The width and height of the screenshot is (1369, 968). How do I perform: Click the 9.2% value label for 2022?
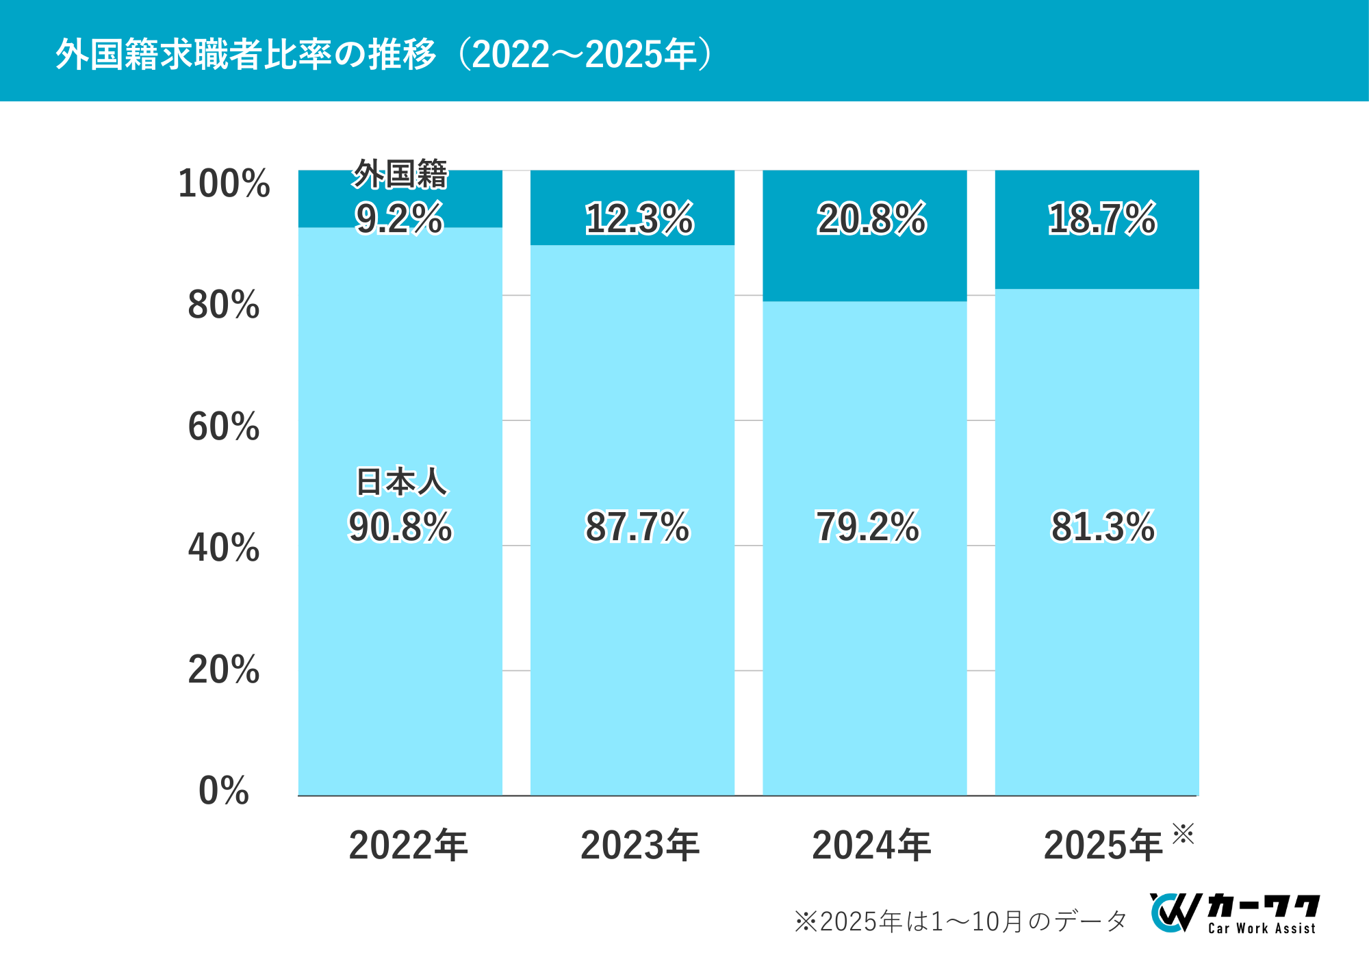coord(400,218)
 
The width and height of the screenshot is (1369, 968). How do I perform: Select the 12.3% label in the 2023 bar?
coord(639,219)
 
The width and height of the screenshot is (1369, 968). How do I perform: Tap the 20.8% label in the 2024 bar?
coord(871,219)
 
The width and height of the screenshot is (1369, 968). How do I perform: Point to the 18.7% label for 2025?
coord(1102,219)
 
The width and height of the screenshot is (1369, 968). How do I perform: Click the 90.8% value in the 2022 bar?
coord(400,526)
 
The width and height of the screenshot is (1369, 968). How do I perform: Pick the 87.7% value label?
coord(637,526)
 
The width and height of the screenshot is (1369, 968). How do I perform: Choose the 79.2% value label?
coord(868,526)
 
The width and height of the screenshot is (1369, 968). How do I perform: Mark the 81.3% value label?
coord(1103,526)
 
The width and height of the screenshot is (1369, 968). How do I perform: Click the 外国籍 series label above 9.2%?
coord(400,174)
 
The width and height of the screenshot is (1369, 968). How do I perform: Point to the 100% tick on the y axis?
coord(224,183)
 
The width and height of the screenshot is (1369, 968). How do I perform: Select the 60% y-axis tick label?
coord(224,426)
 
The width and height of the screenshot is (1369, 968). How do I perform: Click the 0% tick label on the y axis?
coord(224,791)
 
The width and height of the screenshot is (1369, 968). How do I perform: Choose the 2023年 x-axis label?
coord(640,845)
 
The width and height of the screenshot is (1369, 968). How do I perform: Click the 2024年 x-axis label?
coord(871,845)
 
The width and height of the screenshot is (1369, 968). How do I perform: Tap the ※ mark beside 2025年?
coord(1183,834)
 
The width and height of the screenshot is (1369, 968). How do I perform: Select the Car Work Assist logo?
coord(1235,913)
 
